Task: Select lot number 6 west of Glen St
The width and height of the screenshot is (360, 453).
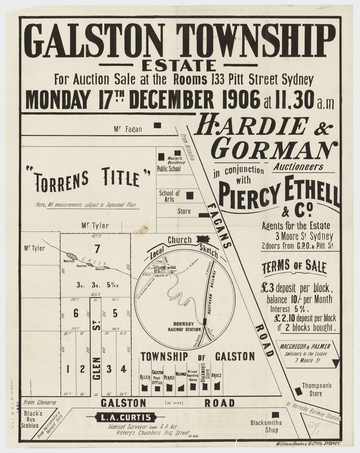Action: coord(76,313)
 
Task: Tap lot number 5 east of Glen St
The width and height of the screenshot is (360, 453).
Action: coord(115,313)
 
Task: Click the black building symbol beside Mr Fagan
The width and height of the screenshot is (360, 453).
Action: coord(157,125)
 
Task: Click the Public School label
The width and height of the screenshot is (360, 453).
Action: coord(169,169)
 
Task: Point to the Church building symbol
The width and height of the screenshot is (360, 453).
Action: coord(204,239)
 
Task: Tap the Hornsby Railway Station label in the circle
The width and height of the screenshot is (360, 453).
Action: coord(181,326)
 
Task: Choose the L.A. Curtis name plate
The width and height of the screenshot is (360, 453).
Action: coord(124,418)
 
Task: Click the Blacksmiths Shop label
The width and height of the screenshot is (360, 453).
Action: coord(267,426)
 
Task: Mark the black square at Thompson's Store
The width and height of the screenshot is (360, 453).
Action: coord(298,390)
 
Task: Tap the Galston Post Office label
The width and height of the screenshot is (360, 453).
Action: coord(158,378)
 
